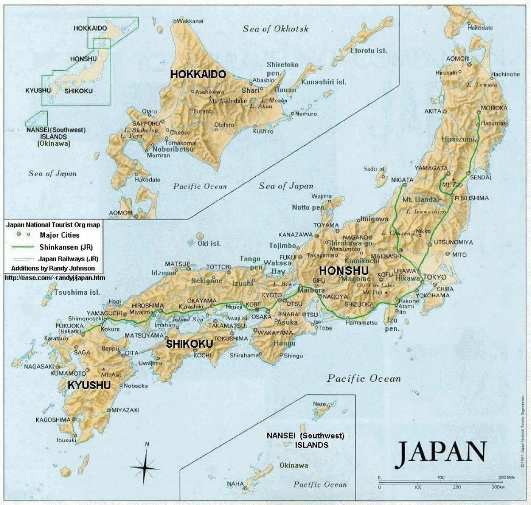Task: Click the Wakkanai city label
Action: [x=191, y=20]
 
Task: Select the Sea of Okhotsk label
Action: [x=275, y=29]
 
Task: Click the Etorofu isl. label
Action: [x=369, y=50]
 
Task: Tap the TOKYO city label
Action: [x=435, y=277]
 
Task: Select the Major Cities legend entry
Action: [x=60, y=235]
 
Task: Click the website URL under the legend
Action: [x=55, y=278]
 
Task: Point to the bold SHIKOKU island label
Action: [x=189, y=343]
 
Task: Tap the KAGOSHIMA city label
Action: [x=53, y=420]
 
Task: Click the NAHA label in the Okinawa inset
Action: [x=235, y=484]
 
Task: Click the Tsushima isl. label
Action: [x=77, y=292]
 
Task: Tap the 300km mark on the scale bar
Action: [x=498, y=487]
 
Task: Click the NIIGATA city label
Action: [x=402, y=180]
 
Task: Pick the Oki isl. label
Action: [x=209, y=243]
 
